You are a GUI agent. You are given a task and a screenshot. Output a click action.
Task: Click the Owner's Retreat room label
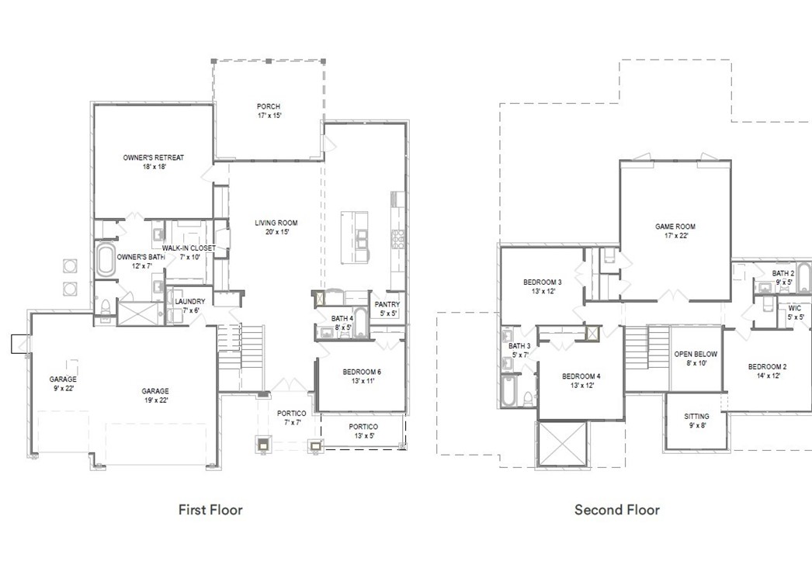click(x=153, y=162)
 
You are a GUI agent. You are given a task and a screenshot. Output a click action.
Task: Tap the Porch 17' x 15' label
click(x=269, y=111)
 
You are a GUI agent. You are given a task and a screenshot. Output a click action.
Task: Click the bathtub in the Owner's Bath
click(x=105, y=260)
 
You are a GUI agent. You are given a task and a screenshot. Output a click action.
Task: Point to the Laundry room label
click(x=189, y=306)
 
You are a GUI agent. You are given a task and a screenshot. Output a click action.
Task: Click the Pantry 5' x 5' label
click(x=387, y=309)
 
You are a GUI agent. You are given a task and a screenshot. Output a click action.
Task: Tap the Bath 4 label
click(x=342, y=323)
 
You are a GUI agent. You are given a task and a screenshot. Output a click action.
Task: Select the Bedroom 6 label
click(x=362, y=377)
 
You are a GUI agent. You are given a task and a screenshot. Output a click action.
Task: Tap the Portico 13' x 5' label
click(x=363, y=431)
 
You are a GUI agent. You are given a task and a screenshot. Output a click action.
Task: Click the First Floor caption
click(x=210, y=510)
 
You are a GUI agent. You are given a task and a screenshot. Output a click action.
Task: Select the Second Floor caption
click(x=617, y=510)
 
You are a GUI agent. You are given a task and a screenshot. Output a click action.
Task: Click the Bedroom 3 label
click(x=543, y=286)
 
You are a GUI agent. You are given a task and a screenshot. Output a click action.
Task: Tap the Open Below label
click(x=696, y=359)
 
